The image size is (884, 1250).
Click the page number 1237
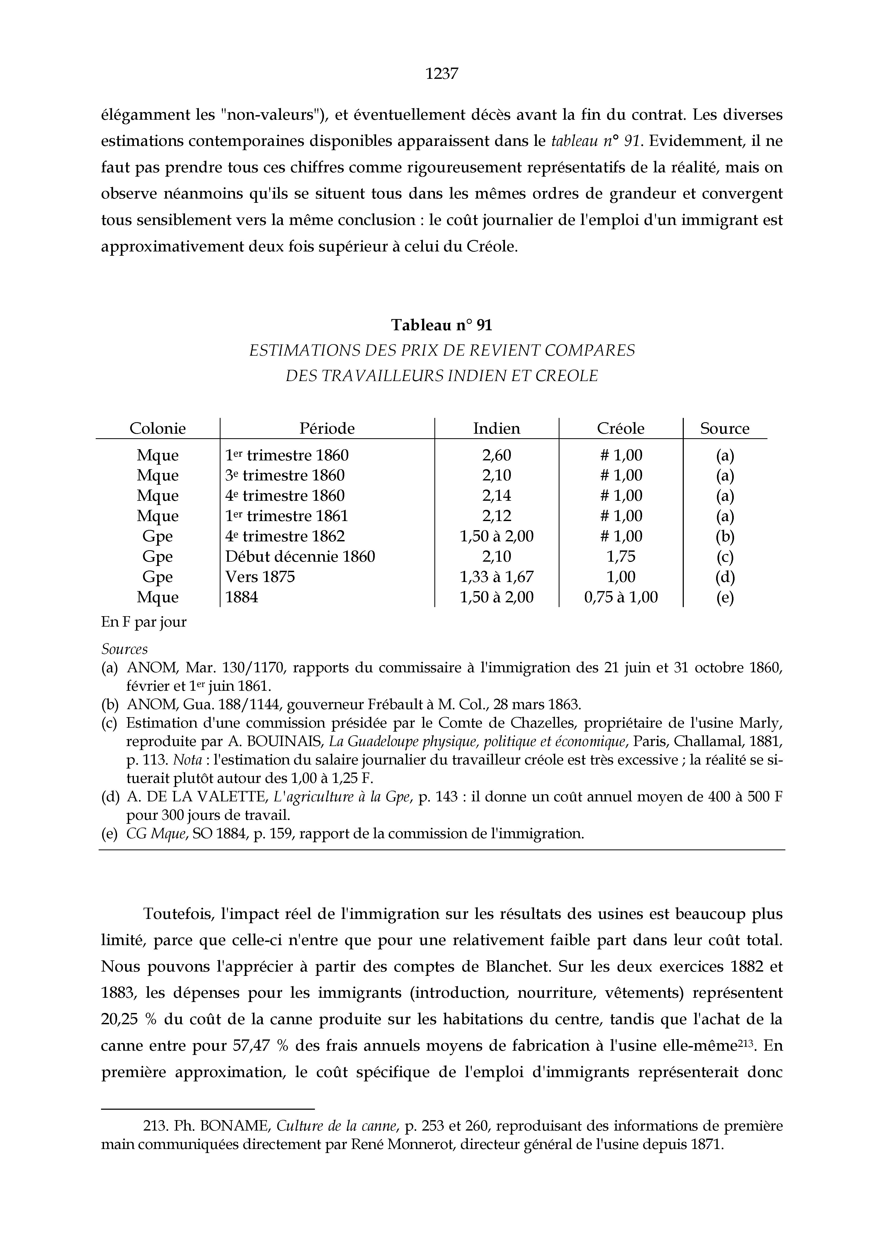point(442,73)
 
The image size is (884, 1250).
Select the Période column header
point(327,428)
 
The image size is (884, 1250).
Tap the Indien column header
point(496,428)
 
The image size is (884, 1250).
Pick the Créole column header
point(620,428)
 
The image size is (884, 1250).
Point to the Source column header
point(724,428)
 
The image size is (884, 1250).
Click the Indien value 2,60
point(496,455)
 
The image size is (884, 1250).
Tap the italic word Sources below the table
point(124,650)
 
